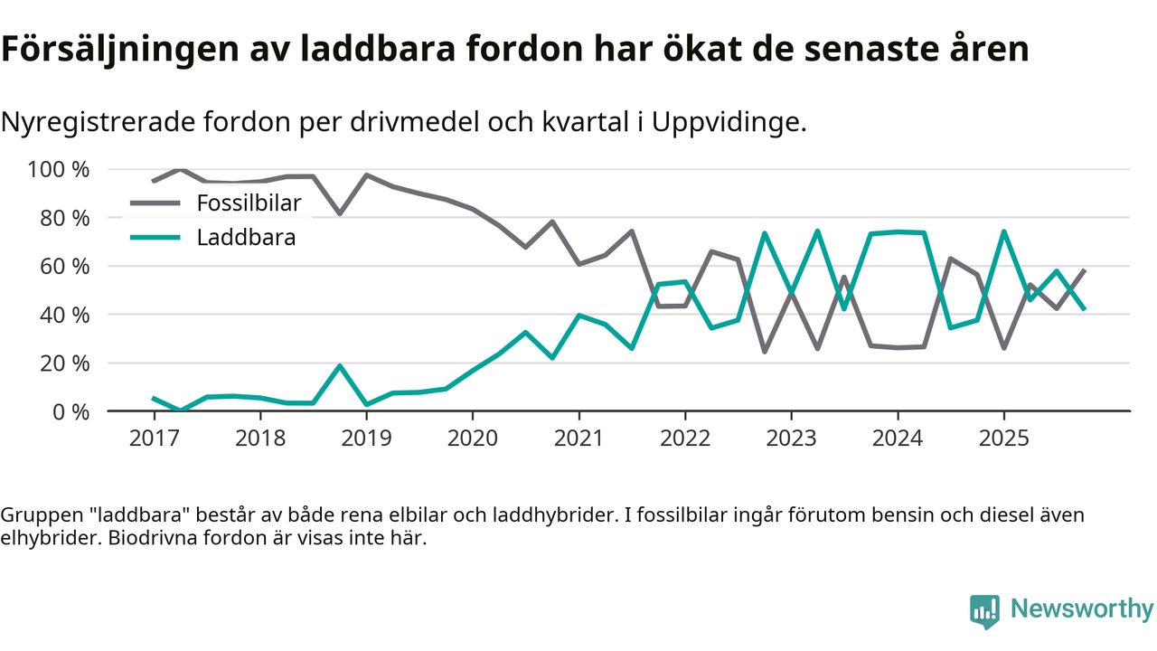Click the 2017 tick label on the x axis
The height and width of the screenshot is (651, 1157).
coord(154,439)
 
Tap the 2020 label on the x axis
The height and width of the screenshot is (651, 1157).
coord(473,439)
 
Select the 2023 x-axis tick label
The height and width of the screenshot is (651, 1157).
coord(791,439)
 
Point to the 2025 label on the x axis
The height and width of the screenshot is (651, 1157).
coord(1003,439)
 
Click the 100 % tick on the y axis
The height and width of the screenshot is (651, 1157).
coord(59,170)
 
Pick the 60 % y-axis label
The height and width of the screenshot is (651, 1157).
coord(64,267)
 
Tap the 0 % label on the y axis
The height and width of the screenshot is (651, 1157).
coord(70,411)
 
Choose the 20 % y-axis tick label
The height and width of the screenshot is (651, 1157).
coord(64,363)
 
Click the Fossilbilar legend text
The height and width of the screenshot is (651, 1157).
coord(249,203)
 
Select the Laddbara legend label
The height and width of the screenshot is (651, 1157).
coord(246,238)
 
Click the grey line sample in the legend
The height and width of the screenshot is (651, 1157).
coord(155,203)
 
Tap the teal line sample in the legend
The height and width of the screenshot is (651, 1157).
coord(155,238)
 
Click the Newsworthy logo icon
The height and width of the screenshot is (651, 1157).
coord(984,610)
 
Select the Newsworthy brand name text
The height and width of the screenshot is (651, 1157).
coord(1081,609)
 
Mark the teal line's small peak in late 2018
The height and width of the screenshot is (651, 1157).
coord(340,366)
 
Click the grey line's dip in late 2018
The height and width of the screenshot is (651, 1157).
coord(340,213)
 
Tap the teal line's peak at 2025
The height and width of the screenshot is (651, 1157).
coord(1003,231)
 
